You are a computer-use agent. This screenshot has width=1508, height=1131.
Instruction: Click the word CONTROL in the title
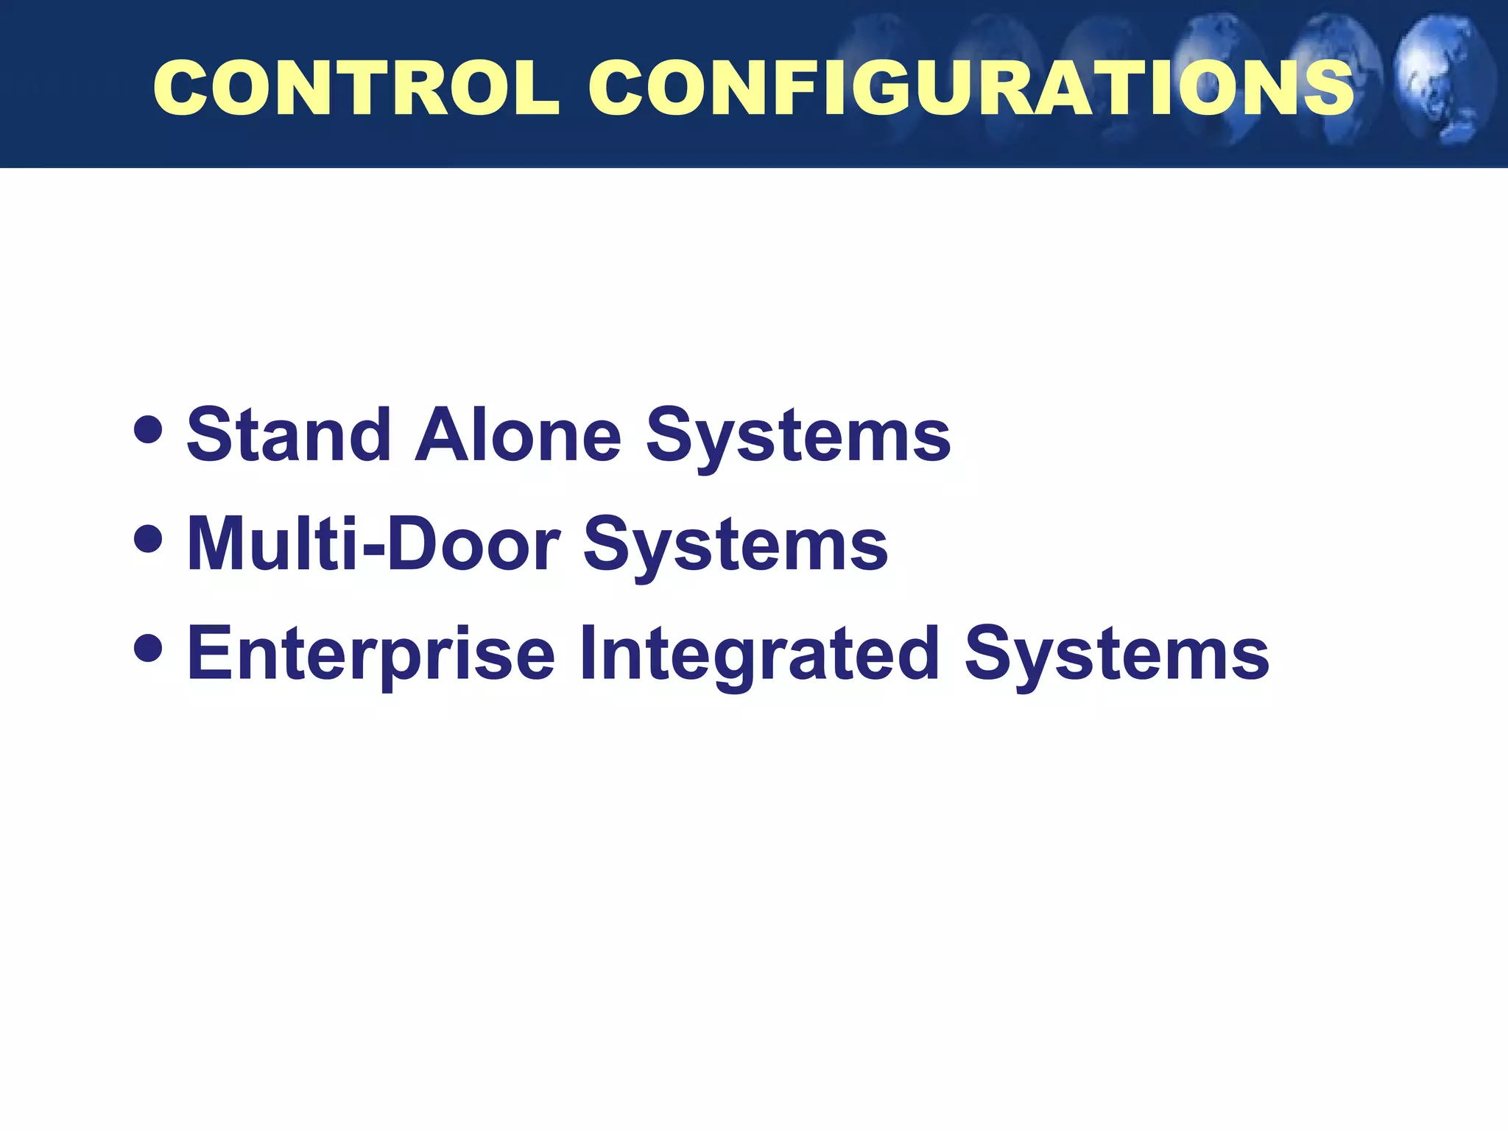click(x=356, y=88)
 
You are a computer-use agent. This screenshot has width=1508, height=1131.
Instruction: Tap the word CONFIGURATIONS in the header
click(x=970, y=88)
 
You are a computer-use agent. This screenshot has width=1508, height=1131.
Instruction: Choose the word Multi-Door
click(x=373, y=544)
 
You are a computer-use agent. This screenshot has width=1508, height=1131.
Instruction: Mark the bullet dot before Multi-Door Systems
click(x=149, y=538)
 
